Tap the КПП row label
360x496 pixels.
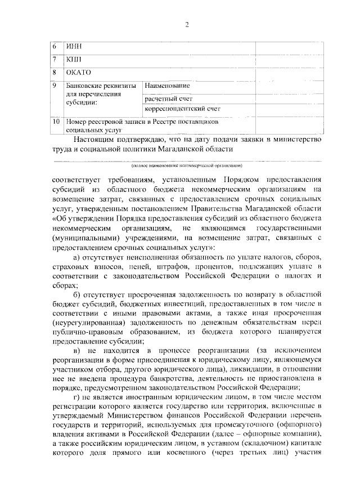point(73,59)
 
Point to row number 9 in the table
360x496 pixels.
point(53,85)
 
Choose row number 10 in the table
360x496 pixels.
point(55,122)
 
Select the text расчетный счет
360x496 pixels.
point(168,97)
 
